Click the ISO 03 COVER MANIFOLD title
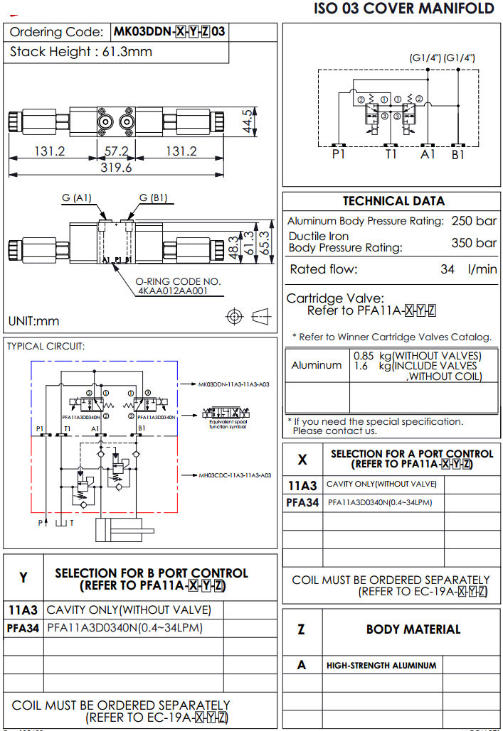click(403, 9)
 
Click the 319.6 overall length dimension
click(117, 168)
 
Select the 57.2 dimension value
click(116, 151)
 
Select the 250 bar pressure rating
click(474, 221)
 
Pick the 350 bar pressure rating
click(474, 242)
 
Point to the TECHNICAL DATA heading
click(393, 201)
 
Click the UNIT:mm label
click(34, 321)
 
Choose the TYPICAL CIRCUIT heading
click(46, 346)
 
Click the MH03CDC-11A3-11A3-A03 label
click(235, 475)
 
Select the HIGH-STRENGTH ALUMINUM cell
click(381, 666)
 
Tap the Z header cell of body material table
click(302, 629)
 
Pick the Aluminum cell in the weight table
click(317, 365)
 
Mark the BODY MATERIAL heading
click(413, 629)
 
